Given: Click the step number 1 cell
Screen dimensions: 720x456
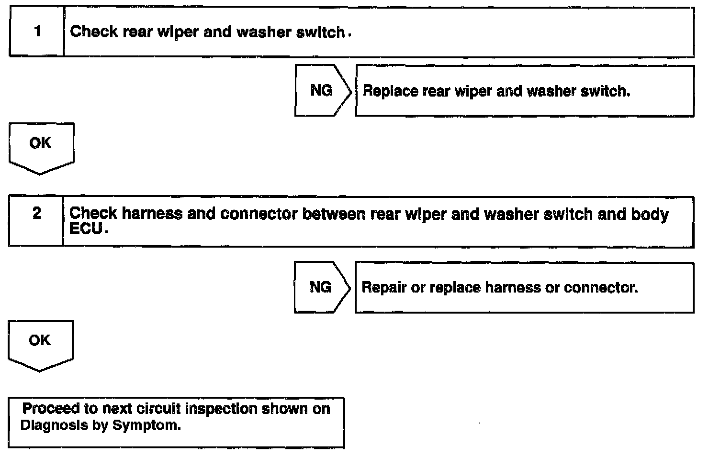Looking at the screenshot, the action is (x=37, y=32).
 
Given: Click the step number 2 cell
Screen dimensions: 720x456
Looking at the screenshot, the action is (x=36, y=214).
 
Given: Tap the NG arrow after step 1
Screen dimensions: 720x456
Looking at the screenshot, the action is (x=322, y=90).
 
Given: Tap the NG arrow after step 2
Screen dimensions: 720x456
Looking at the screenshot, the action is (x=321, y=287).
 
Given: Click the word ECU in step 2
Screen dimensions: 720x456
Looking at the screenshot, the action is (x=86, y=229).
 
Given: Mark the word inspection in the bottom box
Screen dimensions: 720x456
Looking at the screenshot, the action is (x=221, y=409).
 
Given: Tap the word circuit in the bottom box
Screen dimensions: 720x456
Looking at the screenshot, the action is (x=158, y=409).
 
